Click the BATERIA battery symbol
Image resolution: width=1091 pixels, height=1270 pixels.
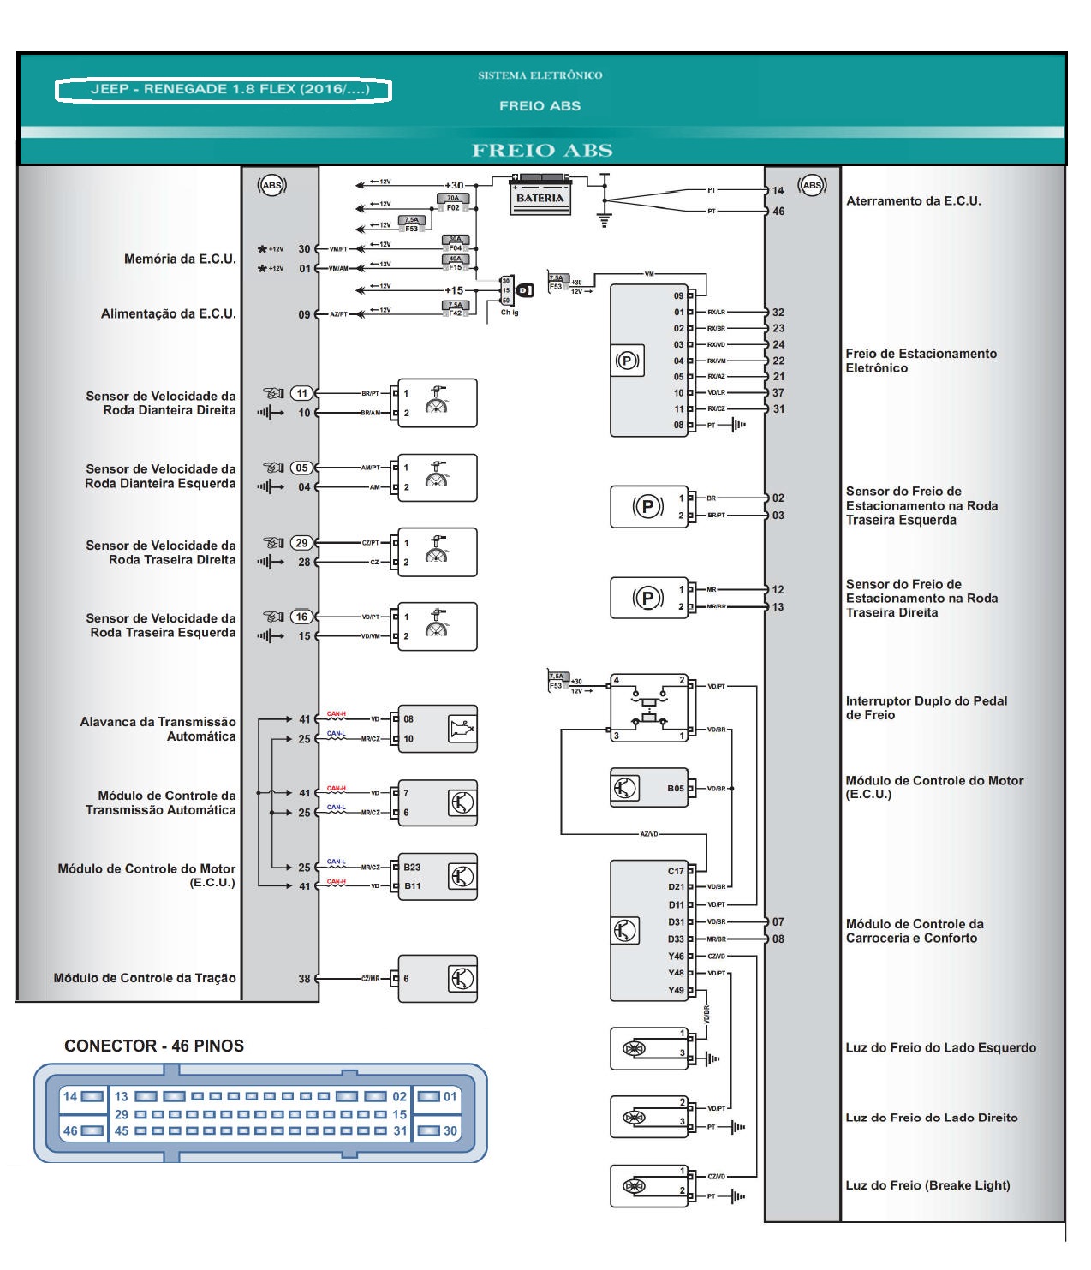pyautogui.click(x=540, y=197)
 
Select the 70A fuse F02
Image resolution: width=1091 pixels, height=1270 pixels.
pyautogui.click(x=453, y=202)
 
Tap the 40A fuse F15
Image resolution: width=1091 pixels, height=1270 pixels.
pyautogui.click(x=455, y=263)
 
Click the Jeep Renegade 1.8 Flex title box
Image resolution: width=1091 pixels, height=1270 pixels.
pyautogui.click(x=224, y=89)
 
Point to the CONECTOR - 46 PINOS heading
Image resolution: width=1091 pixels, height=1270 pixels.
pyautogui.click(x=154, y=1046)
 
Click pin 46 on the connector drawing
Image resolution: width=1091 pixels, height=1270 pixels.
pyautogui.click(x=82, y=1130)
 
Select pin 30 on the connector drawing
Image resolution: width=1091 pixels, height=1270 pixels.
pyautogui.click(x=437, y=1130)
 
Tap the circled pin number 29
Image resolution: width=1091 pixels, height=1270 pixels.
pyautogui.click(x=301, y=543)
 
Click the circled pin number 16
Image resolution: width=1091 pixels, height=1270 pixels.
pyautogui.click(x=301, y=617)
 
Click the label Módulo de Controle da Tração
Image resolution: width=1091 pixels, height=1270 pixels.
pyautogui.click(x=145, y=978)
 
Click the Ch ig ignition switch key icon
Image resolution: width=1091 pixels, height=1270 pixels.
pyautogui.click(x=525, y=290)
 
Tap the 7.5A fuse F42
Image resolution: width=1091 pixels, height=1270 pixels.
pyautogui.click(x=455, y=309)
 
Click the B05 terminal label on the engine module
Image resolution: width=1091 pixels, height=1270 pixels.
pyautogui.click(x=676, y=789)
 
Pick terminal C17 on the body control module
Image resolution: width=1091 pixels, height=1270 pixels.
pyautogui.click(x=676, y=871)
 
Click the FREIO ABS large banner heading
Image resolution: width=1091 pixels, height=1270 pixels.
pyautogui.click(x=542, y=151)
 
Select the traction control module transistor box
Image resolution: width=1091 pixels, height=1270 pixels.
pyautogui.click(x=437, y=978)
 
